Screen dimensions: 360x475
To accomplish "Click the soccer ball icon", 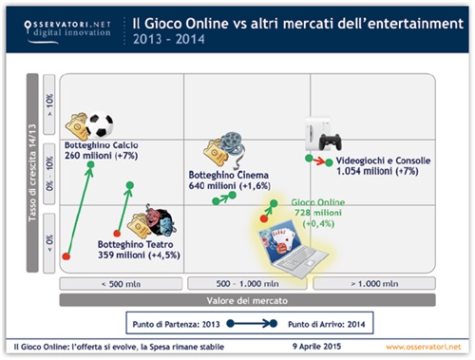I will point(100,124).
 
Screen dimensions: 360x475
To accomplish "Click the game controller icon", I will point(331,142).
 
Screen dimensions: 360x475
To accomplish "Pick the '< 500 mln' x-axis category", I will point(121,283).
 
